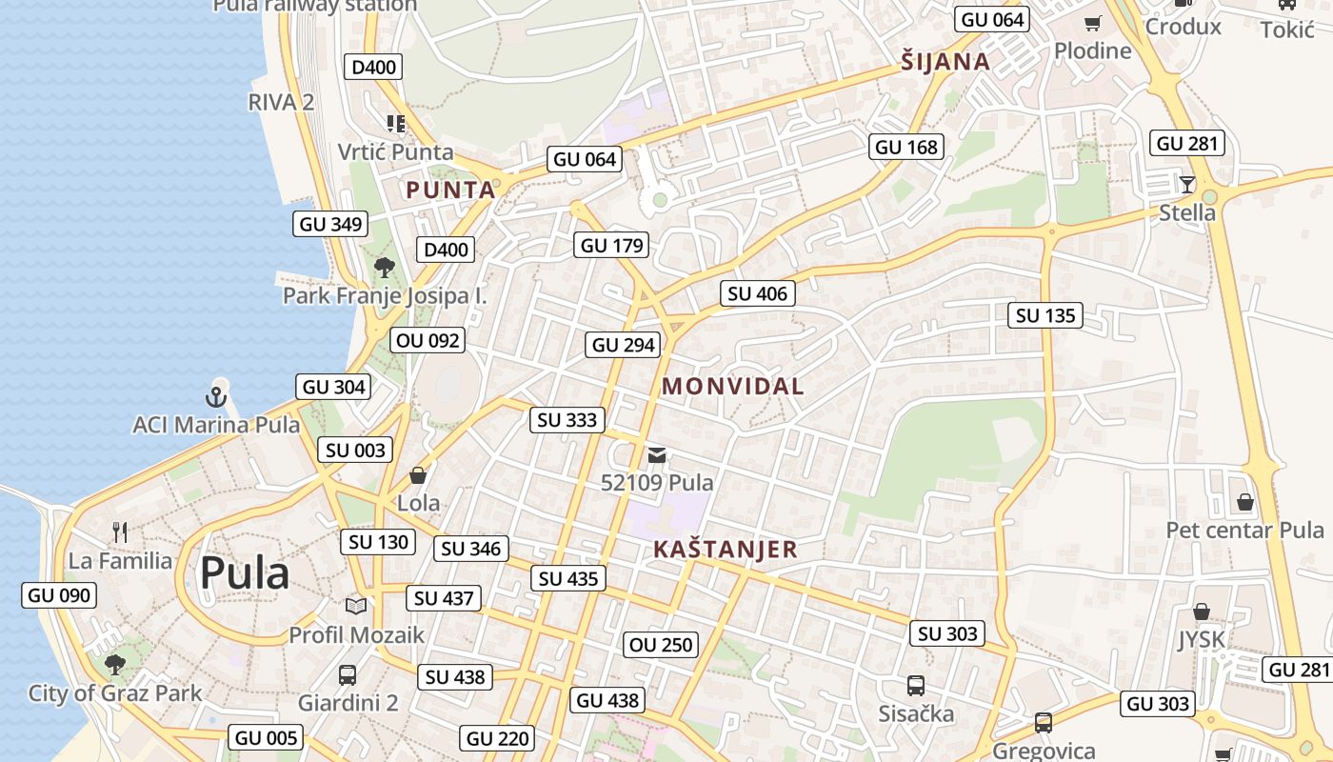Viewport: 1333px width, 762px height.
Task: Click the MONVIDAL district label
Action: (x=732, y=387)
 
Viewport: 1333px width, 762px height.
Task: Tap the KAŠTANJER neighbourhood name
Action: (x=725, y=550)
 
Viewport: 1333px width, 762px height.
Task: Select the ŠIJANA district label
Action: (x=945, y=63)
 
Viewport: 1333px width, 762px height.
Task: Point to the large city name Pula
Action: (x=245, y=574)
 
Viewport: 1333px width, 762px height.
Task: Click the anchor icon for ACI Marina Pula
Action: (x=217, y=395)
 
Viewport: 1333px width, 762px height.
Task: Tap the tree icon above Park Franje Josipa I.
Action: (x=385, y=268)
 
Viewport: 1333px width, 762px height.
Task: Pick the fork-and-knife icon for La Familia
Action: (x=120, y=531)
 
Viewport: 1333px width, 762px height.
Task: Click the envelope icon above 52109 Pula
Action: (x=657, y=455)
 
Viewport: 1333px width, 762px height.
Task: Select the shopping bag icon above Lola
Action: (x=418, y=474)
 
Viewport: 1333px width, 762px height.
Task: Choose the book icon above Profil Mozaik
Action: (x=356, y=606)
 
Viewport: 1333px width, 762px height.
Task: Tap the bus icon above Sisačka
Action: (x=916, y=685)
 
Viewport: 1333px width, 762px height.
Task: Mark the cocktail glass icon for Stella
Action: (x=1186, y=184)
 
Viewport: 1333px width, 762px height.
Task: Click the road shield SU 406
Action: (x=757, y=293)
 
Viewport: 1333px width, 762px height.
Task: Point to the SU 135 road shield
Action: (x=1045, y=315)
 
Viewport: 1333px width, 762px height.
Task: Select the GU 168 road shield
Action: (x=906, y=147)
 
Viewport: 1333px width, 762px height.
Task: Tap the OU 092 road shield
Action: (x=428, y=340)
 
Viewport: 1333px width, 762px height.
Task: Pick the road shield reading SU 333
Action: (x=567, y=419)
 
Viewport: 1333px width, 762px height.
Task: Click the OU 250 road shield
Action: (x=662, y=645)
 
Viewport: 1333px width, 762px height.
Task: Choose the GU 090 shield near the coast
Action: (x=59, y=595)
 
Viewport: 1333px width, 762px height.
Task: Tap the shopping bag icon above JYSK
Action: (x=1202, y=612)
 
